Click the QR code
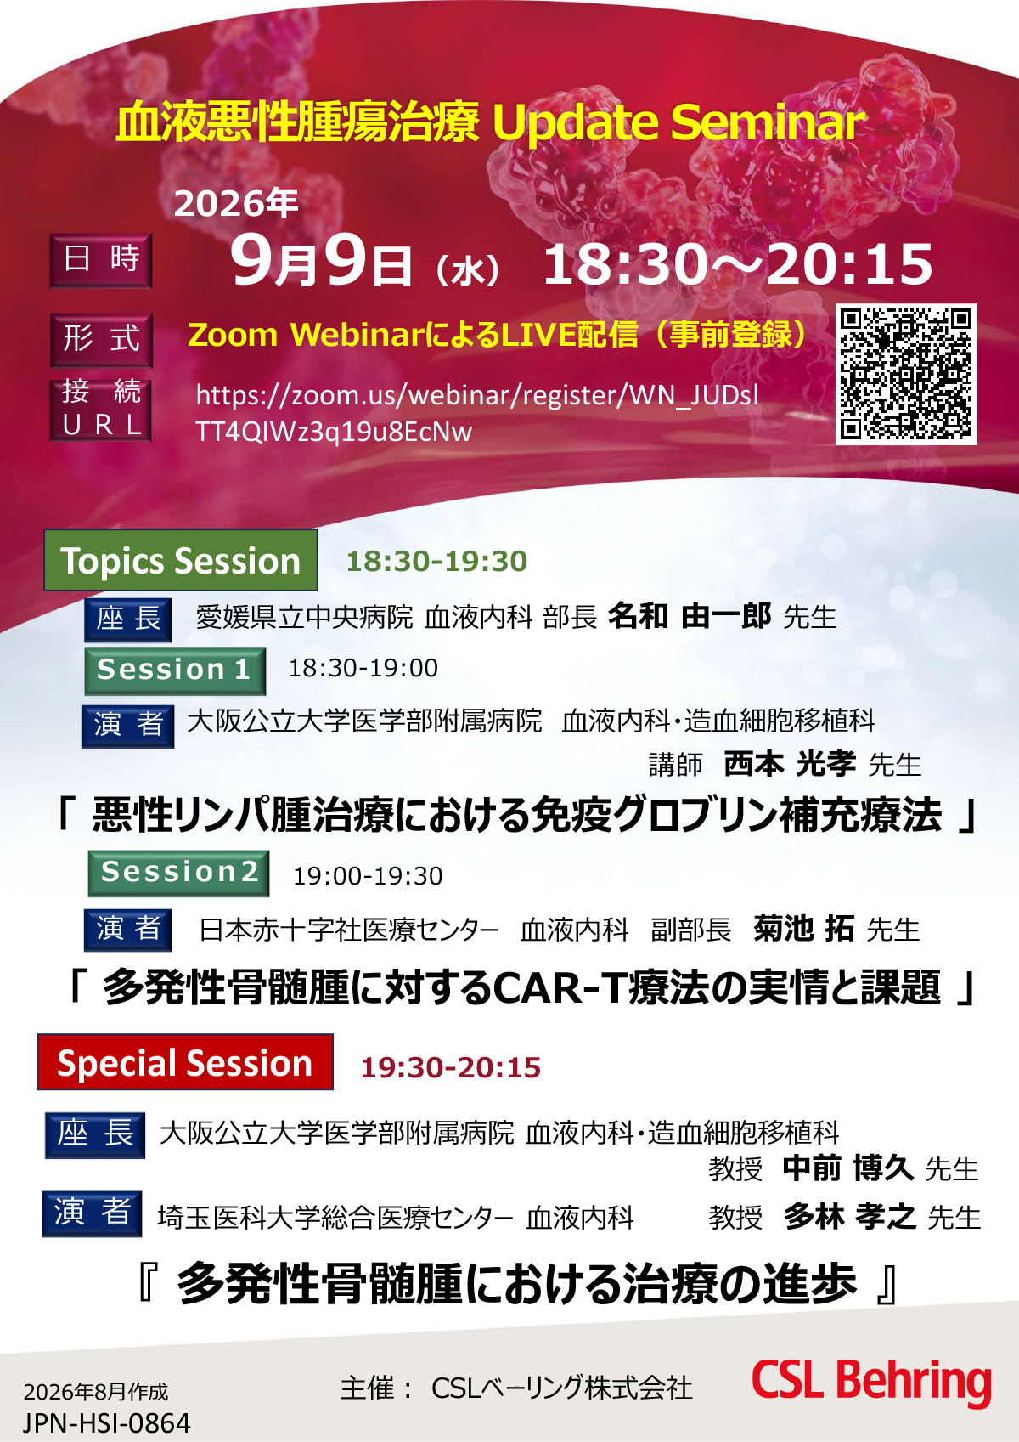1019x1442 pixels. [906, 374]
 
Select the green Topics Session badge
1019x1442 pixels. [181, 560]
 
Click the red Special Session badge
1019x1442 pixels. [185, 1062]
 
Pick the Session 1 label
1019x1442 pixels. [175, 670]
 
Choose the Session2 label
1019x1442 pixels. [179, 874]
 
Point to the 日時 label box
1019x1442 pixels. [101, 260]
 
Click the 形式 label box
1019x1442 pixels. [102, 340]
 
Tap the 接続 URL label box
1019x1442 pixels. [101, 410]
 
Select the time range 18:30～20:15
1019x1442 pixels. [737, 263]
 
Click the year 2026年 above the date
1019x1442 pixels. [235, 203]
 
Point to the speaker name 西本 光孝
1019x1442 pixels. [790, 764]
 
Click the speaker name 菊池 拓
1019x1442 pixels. [803, 928]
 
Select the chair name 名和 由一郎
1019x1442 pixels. [689, 615]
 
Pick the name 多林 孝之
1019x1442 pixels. [849, 1215]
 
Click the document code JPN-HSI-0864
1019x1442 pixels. [107, 1422]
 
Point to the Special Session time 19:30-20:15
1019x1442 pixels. [450, 1067]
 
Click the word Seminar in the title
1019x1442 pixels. [768, 122]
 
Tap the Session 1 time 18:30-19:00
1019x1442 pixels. [363, 668]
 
